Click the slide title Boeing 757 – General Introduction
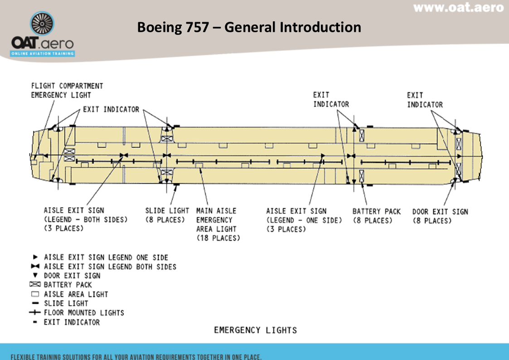click(x=249, y=28)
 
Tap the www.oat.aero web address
click(x=458, y=7)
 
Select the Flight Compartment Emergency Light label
click(x=67, y=91)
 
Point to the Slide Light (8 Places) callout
click(x=167, y=215)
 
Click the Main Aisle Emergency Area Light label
click(x=218, y=224)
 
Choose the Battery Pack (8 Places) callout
click(x=377, y=216)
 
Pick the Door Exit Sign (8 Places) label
click(x=440, y=216)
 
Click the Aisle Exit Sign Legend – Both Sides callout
click(x=86, y=219)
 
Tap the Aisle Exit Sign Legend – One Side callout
click(x=303, y=220)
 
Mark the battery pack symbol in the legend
click(x=35, y=285)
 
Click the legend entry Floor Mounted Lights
click(x=84, y=313)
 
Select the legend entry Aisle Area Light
click(x=76, y=294)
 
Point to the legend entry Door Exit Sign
click(x=72, y=276)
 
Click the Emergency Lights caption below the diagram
click(x=255, y=330)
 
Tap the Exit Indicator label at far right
click(x=425, y=100)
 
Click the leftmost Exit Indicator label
click(x=111, y=110)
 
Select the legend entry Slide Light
click(x=66, y=303)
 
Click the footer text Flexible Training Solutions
click(x=136, y=356)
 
